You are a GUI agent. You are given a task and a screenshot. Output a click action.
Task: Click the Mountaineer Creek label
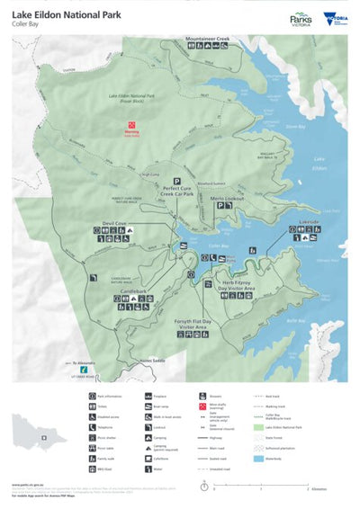click(x=208, y=40)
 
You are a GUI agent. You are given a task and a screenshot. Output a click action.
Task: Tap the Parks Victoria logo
click(x=301, y=19)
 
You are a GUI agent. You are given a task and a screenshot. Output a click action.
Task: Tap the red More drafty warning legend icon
click(x=203, y=406)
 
